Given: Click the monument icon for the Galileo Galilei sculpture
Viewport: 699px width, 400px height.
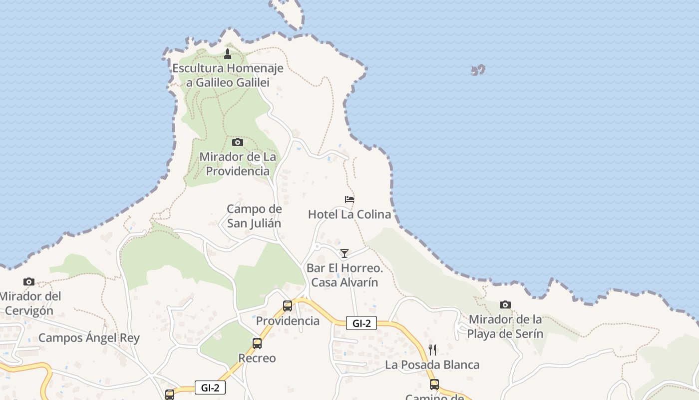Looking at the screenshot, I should point(228,54).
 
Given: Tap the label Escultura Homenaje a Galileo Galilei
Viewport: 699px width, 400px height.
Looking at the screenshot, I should point(228,75).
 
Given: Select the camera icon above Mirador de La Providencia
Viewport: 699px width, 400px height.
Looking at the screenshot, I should point(238,142).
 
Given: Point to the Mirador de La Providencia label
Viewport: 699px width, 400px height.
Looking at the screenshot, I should point(238,164).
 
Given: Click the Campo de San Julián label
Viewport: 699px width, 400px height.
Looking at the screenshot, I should point(254,216).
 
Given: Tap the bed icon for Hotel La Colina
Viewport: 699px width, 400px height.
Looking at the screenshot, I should point(349,199).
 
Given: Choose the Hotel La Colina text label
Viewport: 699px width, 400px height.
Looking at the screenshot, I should point(349,214).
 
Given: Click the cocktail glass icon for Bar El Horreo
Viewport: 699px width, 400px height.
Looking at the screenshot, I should point(344,253).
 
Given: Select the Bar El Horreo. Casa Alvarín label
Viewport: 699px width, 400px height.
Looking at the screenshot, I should point(345,275).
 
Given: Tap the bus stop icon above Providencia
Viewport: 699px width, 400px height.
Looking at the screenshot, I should point(288,305).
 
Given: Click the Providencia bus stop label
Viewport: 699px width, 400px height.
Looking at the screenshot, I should point(288,321).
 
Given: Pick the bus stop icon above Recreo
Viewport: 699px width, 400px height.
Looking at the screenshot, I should point(257,343).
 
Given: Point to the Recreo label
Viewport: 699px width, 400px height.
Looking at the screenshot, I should point(257,358).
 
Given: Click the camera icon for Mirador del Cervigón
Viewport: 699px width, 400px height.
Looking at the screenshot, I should point(29,282).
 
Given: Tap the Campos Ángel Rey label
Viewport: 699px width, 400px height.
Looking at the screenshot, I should point(89,338).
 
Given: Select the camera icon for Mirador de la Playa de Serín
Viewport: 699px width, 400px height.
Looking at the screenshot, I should point(505,304).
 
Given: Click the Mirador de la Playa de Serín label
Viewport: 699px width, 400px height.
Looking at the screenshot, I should point(505,326).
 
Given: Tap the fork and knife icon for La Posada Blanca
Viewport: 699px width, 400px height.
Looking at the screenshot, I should point(432,349).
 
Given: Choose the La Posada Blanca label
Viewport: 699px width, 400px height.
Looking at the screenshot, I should point(432,365).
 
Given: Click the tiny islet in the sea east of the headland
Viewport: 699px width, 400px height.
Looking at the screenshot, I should point(478,70).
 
